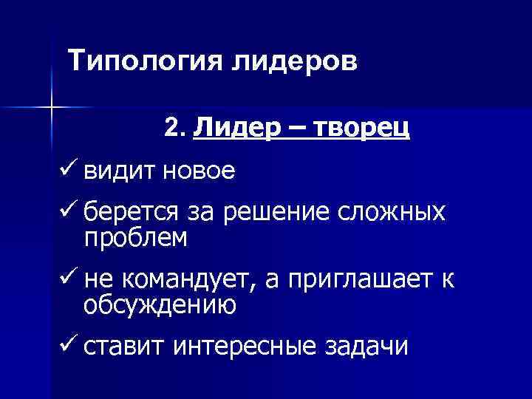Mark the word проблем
(x=136, y=238)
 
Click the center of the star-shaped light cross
(x=51, y=108)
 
